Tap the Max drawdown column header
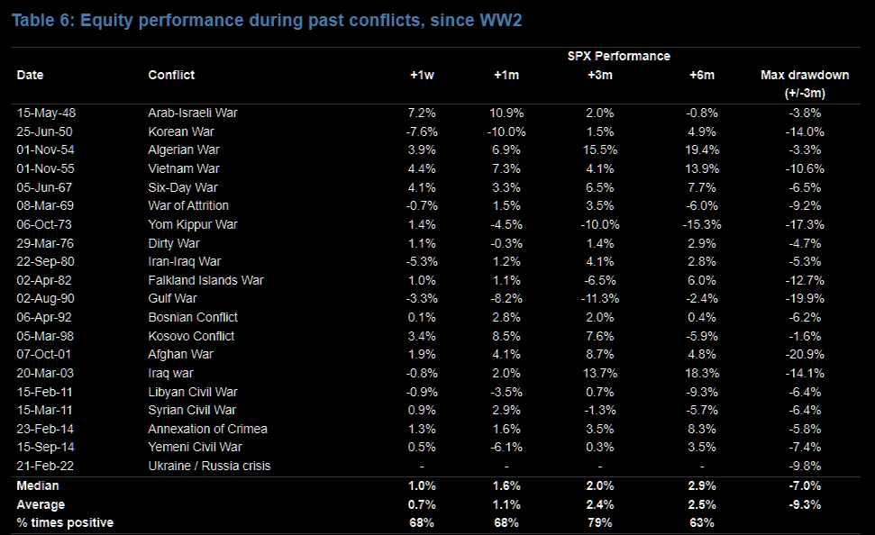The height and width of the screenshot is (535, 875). click(x=804, y=75)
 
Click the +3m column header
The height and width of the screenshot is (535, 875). click(x=599, y=75)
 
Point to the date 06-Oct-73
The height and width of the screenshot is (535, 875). click(x=43, y=224)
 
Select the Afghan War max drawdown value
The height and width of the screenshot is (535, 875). click(x=804, y=354)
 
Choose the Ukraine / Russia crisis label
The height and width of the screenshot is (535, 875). click(x=209, y=466)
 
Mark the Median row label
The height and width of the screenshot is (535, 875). click(x=39, y=485)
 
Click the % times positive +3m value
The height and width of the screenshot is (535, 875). click(x=599, y=522)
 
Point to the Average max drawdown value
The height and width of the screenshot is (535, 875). click(x=804, y=504)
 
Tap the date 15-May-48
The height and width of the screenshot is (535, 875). click(x=44, y=113)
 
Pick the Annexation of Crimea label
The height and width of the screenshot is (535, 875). click(x=207, y=429)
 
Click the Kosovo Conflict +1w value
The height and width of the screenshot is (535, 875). click(x=423, y=336)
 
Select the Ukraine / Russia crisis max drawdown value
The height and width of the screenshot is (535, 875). click(x=804, y=466)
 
